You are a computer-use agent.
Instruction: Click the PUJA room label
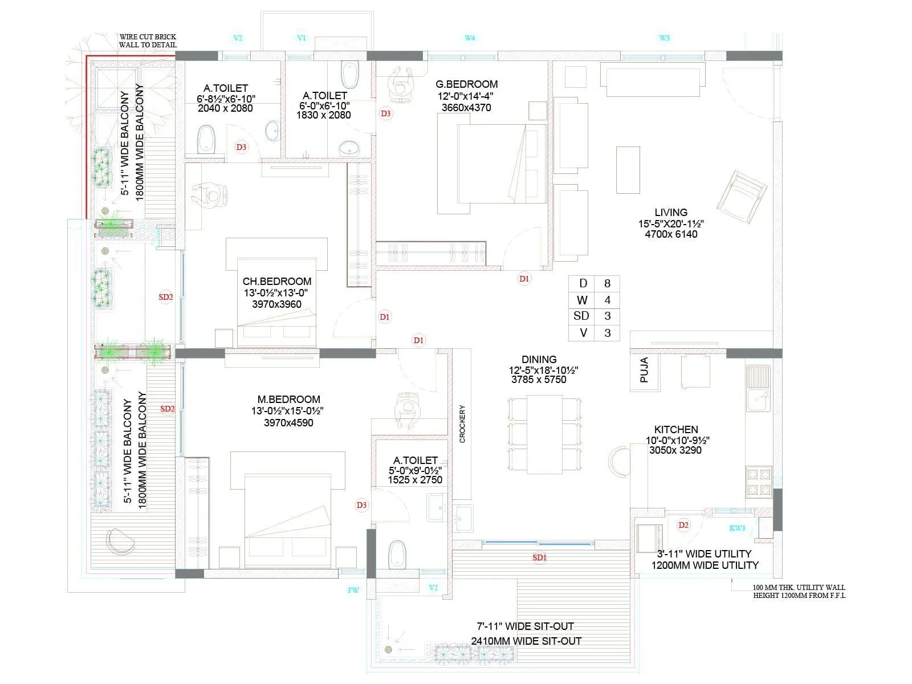[645, 369]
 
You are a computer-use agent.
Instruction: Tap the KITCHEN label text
[676, 429]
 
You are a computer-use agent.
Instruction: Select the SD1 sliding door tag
[539, 557]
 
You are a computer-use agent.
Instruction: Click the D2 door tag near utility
[683, 525]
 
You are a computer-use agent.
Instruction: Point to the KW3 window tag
[737, 528]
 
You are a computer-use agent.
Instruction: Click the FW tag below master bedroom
[353, 590]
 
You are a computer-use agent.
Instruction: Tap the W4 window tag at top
[470, 38]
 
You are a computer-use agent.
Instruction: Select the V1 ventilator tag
[302, 38]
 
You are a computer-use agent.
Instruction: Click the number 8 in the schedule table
[607, 283]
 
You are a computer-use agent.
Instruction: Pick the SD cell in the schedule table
[581, 316]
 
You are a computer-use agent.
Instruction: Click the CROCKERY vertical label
[462, 424]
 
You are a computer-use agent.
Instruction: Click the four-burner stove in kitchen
[759, 482]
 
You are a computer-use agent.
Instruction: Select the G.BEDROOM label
[466, 84]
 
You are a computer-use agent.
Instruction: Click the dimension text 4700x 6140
[671, 234]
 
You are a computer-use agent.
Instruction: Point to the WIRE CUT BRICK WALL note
[148, 41]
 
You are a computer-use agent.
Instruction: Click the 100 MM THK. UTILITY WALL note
[799, 591]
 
